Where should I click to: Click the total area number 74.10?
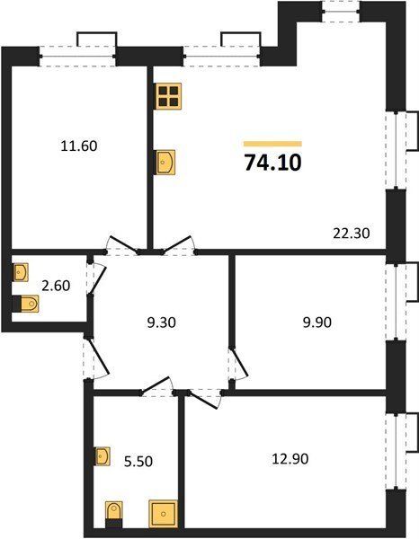click(x=272, y=163)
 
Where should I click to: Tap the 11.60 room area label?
click(x=79, y=146)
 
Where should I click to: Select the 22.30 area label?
click(x=352, y=234)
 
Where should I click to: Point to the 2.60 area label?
click(x=56, y=286)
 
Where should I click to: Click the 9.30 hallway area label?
click(x=161, y=323)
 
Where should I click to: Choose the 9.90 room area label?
click(x=317, y=323)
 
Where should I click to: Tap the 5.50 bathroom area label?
click(x=138, y=461)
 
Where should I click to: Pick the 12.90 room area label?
click(x=290, y=458)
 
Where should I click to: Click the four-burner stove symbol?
click(x=169, y=96)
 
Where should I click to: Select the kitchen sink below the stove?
click(x=165, y=163)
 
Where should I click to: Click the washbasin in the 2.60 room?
click(x=21, y=272)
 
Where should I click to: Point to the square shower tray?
click(x=164, y=514)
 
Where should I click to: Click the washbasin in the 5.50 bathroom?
click(x=103, y=456)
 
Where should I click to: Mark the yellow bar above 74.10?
click(x=272, y=144)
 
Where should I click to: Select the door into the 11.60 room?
click(x=123, y=244)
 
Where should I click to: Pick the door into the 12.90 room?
click(x=204, y=399)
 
